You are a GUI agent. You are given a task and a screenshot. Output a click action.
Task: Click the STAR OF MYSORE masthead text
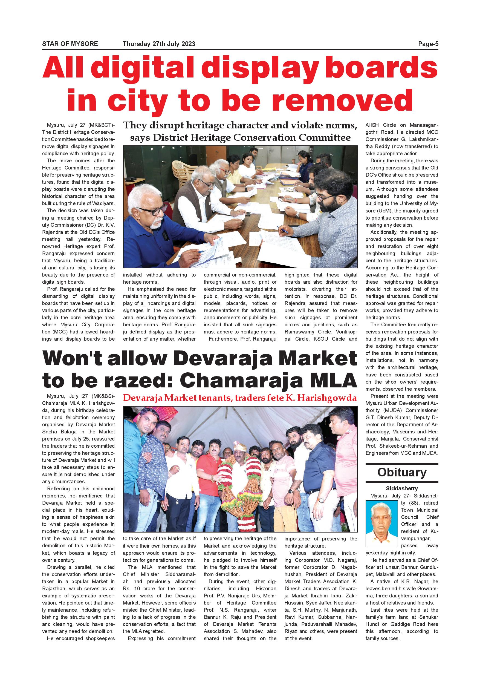pos(70,44)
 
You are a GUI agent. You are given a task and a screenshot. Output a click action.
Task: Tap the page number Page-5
pos(428,44)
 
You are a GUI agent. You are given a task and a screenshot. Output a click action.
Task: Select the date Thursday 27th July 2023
pos(159,44)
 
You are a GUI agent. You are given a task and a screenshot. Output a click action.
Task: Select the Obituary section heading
pos(402,472)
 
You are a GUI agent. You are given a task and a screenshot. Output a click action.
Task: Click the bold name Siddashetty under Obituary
pos(402,488)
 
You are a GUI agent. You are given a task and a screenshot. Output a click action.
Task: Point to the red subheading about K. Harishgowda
pos(240,398)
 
